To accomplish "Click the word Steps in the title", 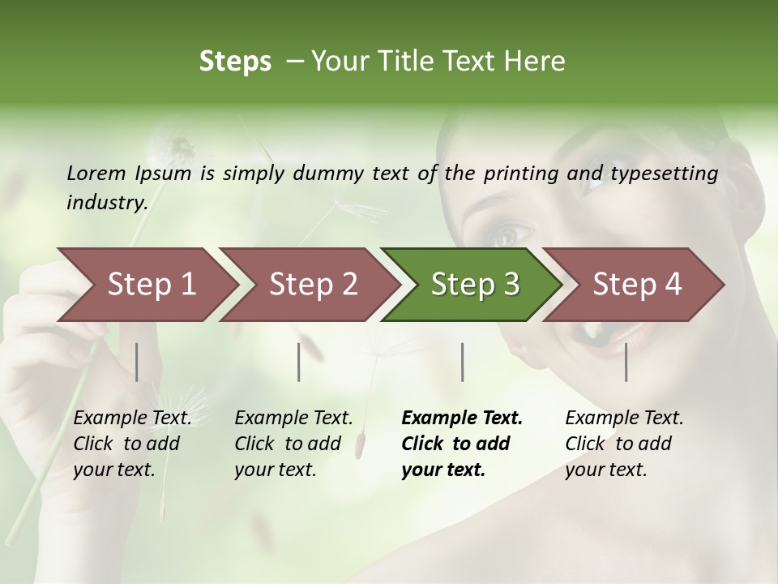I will (235, 62).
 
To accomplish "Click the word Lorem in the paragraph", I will (96, 174).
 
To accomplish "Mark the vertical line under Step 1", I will (137, 362).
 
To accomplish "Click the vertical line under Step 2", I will (299, 362).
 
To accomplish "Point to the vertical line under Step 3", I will (462, 362).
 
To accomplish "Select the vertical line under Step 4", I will (626, 362).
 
